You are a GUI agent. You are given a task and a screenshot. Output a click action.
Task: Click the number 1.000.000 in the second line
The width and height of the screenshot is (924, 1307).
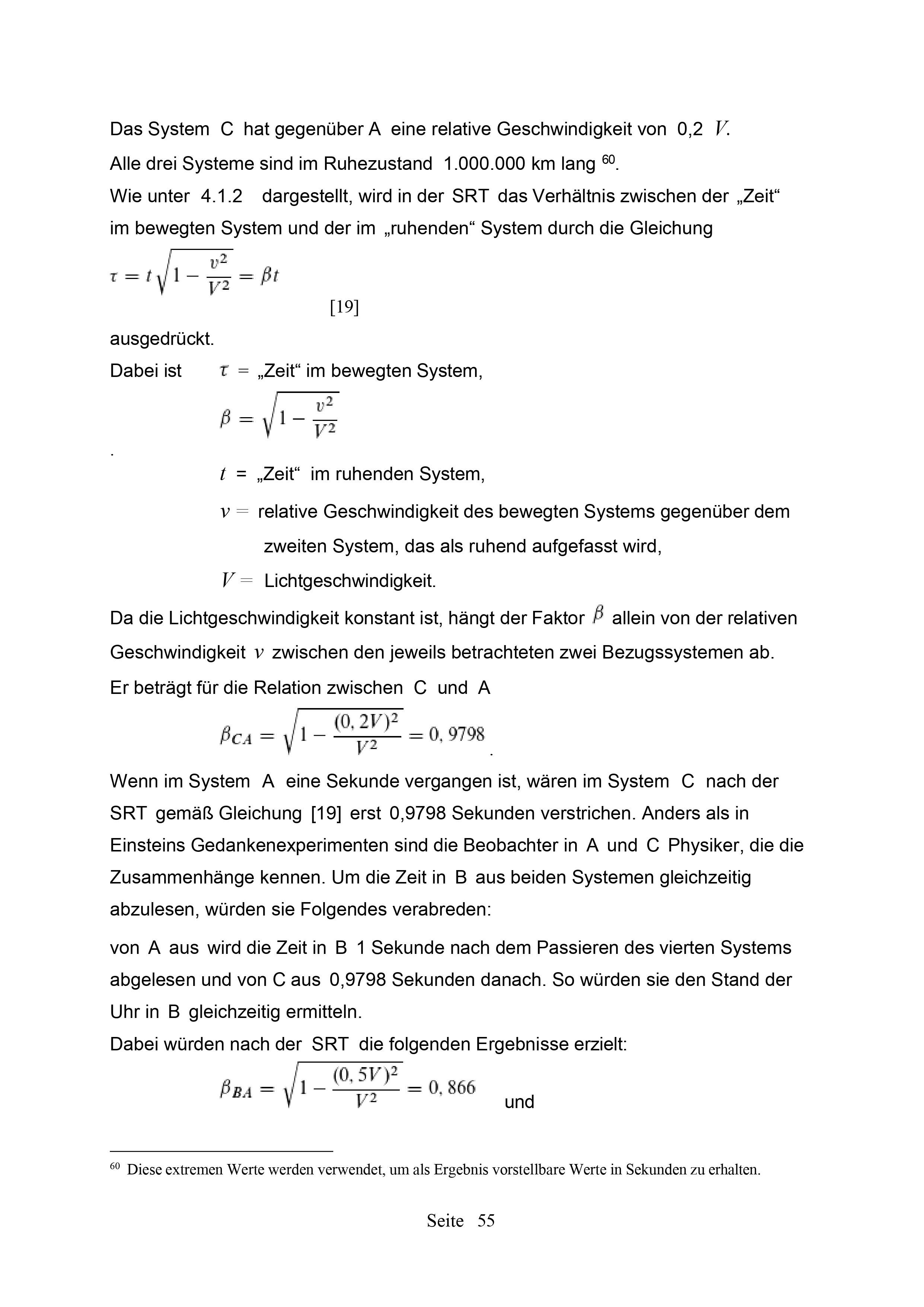(484, 164)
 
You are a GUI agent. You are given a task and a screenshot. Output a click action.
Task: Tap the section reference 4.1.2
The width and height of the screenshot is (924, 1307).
(222, 196)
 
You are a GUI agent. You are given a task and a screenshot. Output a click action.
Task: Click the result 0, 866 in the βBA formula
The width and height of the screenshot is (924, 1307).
(452, 1088)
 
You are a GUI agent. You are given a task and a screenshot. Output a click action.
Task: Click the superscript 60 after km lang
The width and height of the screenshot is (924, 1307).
(608, 160)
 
